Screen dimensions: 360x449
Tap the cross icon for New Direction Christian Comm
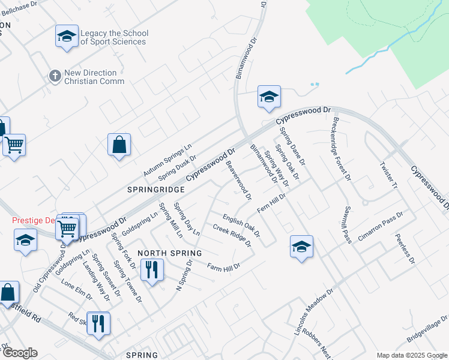pyautogui.click(x=55, y=76)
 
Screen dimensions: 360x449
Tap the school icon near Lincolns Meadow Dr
pyautogui.click(x=301, y=247)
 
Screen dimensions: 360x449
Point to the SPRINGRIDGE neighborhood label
pyautogui.click(x=155, y=188)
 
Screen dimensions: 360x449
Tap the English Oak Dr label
pyautogui.click(x=241, y=226)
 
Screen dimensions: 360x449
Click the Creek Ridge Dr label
pyautogui.click(x=232, y=235)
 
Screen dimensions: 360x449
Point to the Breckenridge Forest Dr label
pyautogui.click(x=340, y=147)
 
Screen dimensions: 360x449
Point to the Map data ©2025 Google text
pyautogui.click(x=412, y=355)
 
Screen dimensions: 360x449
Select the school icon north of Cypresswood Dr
pyautogui.click(x=269, y=97)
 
